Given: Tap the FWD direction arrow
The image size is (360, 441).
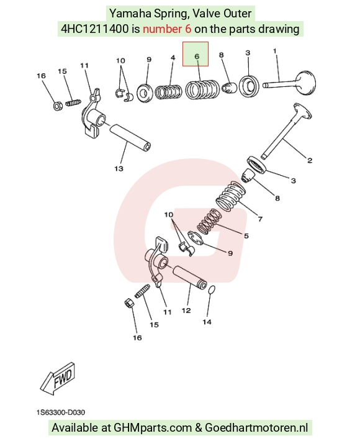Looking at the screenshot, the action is [58, 378].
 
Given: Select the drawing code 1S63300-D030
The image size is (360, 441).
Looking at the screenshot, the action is [60, 412].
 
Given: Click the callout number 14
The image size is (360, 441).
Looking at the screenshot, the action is [207, 322].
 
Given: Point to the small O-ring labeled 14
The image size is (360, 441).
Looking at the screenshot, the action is [212, 290].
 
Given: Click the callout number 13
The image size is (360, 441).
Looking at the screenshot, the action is [119, 168].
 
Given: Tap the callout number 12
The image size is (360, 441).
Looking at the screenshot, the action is [186, 311].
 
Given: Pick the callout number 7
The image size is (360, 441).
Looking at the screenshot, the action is [260, 219].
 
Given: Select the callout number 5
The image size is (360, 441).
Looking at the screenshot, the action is [246, 235].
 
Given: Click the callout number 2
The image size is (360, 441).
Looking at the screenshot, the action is [310, 160].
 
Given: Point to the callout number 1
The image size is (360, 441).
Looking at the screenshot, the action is [274, 51].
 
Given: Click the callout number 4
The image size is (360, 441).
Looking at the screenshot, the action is [173, 58].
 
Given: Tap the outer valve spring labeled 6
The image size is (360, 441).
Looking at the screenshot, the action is [202, 89].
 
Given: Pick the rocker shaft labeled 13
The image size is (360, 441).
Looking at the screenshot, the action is [130, 137].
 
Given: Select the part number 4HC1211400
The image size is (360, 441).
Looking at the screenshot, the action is [95, 29].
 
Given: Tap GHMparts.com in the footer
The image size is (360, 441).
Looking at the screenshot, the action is [152, 428].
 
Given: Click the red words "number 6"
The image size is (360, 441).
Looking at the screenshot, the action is [167, 29].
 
